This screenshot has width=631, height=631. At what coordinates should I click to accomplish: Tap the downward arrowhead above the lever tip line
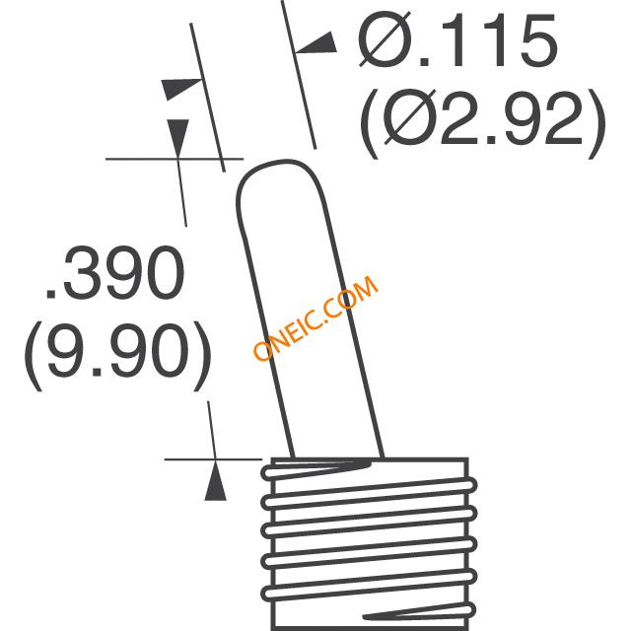pos(177,133)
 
